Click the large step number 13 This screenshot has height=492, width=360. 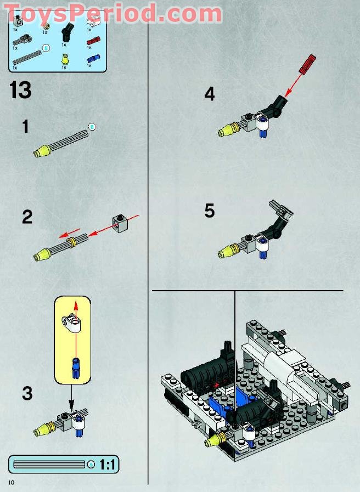click(20, 90)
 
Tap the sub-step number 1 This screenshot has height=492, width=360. click(25, 127)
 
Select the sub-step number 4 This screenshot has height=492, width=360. click(209, 94)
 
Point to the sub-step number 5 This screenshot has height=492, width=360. click(209, 211)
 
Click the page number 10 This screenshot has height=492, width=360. click(10, 482)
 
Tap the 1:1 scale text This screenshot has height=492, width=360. click(107, 465)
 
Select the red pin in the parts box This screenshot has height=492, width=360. click(93, 39)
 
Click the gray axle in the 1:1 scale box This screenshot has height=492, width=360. click(49, 465)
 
